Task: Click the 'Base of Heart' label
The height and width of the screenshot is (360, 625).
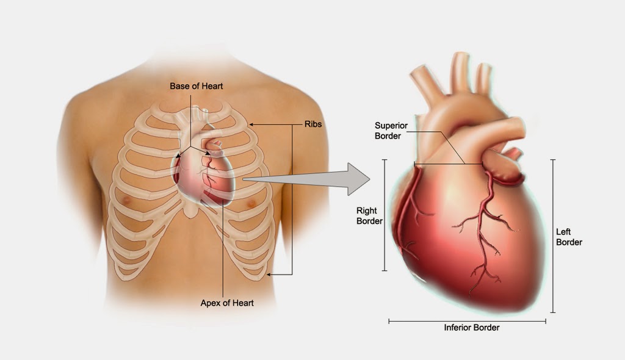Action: (196, 86)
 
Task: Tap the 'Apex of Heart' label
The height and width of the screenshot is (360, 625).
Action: (227, 303)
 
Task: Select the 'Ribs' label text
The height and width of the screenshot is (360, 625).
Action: (313, 124)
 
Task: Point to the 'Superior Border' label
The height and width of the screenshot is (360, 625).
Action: (391, 131)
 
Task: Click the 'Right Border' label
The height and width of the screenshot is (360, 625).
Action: (369, 215)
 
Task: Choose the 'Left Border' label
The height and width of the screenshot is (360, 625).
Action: (569, 237)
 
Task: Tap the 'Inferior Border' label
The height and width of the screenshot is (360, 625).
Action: (472, 328)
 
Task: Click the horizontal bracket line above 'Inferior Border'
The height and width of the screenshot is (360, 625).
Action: (467, 321)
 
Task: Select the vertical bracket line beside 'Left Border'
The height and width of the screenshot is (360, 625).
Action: (553, 236)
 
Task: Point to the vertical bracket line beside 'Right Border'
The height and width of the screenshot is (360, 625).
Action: (385, 215)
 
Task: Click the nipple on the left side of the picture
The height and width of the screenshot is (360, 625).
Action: (127, 200)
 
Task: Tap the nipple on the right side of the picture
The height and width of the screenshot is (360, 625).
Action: (251, 204)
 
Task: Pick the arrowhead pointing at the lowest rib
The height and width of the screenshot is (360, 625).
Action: (269, 275)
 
